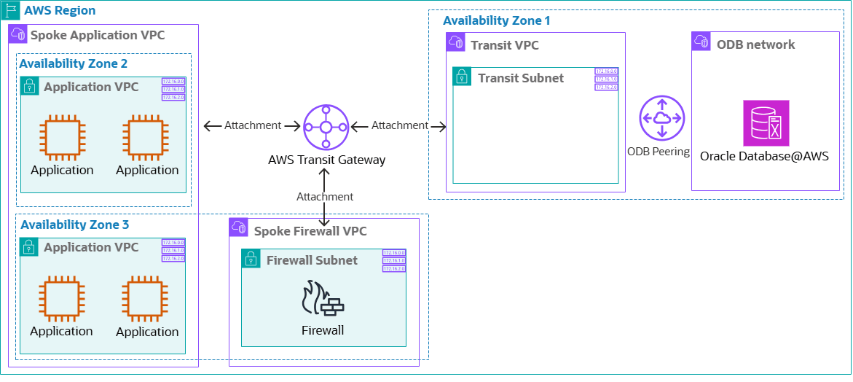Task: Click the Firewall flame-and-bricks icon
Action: pos(323,300)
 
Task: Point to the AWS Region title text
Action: pos(60,11)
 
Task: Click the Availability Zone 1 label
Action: pos(496,20)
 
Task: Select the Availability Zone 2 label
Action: pos(73,63)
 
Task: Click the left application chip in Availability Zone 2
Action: pos(62,137)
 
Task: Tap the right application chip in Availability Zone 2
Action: pos(146,137)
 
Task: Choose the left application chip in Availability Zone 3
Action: pos(62,298)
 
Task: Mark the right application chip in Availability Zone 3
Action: pos(146,298)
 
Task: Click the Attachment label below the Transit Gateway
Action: pos(325,197)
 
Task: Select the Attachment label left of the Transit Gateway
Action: pos(252,125)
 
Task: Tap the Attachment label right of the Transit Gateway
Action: pos(400,125)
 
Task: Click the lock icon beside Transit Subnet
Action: pos(463,77)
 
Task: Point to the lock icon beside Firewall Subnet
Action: pos(251,259)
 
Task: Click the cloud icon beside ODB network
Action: pos(701,42)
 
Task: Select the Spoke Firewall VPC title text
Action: pos(310,231)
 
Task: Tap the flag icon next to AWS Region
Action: pos(11,11)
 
